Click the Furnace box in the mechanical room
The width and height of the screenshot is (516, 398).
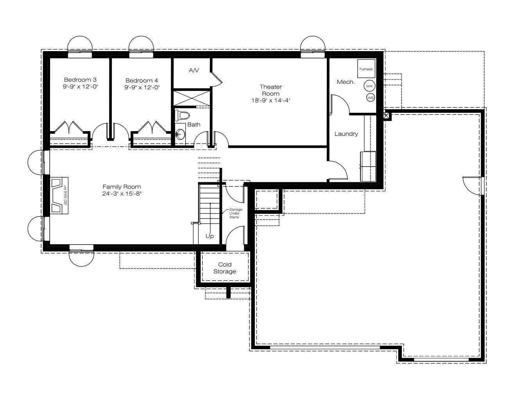(366, 69)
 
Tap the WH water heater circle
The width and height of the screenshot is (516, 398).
(369, 86)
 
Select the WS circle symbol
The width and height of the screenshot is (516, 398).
(371, 98)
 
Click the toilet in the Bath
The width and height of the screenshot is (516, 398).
(183, 116)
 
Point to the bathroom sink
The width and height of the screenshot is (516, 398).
(180, 134)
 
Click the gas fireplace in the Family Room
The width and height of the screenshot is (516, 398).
(59, 195)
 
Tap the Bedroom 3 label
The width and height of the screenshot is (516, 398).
(80, 80)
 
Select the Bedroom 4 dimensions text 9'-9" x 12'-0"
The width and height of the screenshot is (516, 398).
(142, 87)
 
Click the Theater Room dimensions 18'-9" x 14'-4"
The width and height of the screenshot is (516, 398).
(271, 101)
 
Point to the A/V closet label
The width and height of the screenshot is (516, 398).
(194, 70)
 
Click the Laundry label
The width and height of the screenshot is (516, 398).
(346, 134)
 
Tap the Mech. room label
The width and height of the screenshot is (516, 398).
(346, 82)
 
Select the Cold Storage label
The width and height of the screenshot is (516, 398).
(225, 268)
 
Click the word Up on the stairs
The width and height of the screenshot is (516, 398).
(210, 236)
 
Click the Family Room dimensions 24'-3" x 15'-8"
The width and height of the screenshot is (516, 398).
(122, 194)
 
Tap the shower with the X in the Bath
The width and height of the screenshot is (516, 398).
(192, 98)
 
